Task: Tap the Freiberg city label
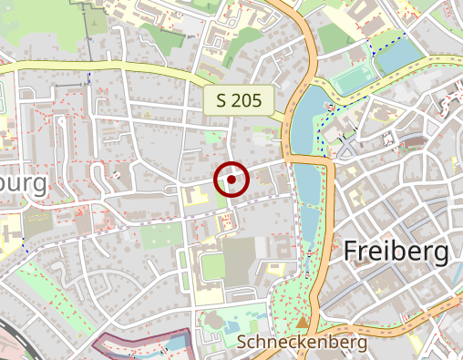point(396,251)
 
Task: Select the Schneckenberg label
point(302,343)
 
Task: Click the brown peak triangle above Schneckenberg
point(302,321)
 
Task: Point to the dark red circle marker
point(232,180)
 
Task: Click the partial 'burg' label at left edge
point(23,184)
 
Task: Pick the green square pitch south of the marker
point(211,267)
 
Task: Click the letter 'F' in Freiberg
point(352,251)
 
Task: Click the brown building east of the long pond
point(414,142)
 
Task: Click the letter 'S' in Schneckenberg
point(242,343)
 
